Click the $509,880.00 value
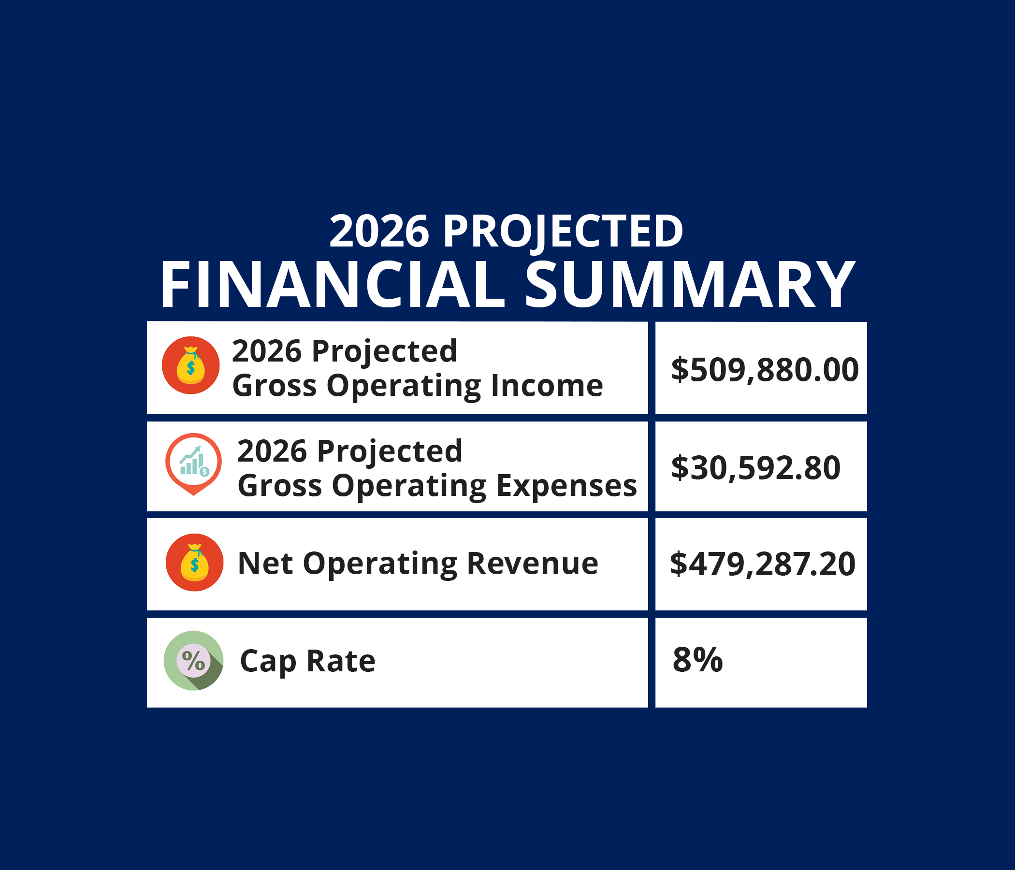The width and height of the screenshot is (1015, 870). click(x=765, y=370)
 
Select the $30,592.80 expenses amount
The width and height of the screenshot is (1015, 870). click(x=756, y=468)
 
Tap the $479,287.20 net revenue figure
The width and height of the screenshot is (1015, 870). click(x=763, y=565)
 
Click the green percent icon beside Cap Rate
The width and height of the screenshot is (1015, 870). click(x=193, y=660)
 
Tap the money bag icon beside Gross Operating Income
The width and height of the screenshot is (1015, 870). click(x=190, y=365)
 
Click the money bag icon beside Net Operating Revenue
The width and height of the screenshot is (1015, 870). click(x=194, y=563)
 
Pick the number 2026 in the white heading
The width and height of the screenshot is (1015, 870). click(x=379, y=232)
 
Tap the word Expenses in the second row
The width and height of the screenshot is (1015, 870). click(x=567, y=485)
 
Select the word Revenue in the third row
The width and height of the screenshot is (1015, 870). click(x=533, y=564)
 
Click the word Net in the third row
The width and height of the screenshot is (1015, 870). click(x=265, y=564)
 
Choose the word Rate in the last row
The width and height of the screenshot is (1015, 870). click(x=340, y=660)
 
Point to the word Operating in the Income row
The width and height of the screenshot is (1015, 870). click(x=404, y=387)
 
